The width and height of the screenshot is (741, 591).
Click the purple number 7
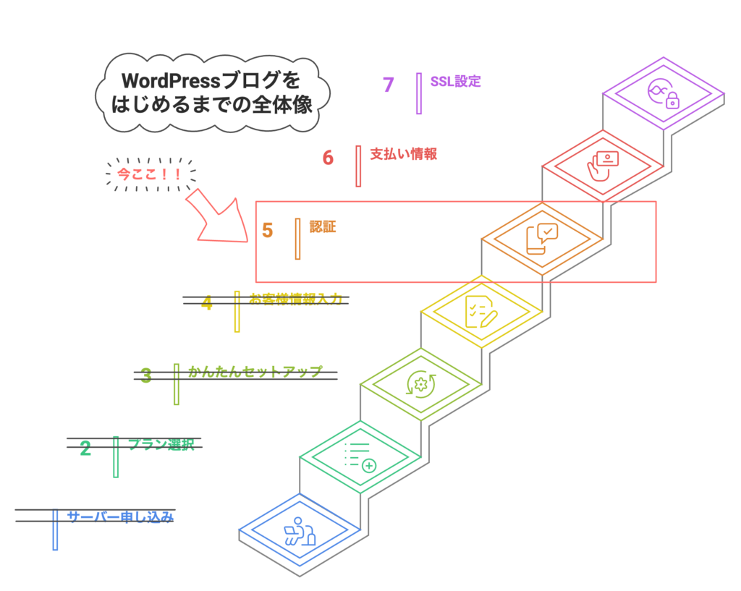389,85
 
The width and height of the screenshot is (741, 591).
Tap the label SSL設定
455,81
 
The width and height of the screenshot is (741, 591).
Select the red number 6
328,157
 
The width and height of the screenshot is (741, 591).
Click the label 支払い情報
403,154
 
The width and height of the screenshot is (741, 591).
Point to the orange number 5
268,230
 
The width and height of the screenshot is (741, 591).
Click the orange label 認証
322,226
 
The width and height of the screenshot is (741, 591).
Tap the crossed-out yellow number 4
207,303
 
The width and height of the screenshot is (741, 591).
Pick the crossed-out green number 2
85,448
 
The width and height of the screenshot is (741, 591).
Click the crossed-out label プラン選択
161,444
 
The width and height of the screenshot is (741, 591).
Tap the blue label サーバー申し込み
120,516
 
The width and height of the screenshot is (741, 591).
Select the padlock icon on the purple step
672,101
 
